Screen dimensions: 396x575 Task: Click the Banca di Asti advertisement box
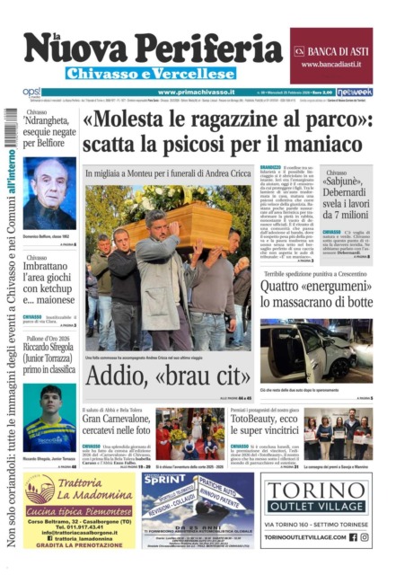tap(330, 55)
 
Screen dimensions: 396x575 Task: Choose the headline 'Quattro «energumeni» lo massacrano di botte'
tap(316, 296)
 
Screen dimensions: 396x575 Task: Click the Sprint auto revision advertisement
tap(198, 509)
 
